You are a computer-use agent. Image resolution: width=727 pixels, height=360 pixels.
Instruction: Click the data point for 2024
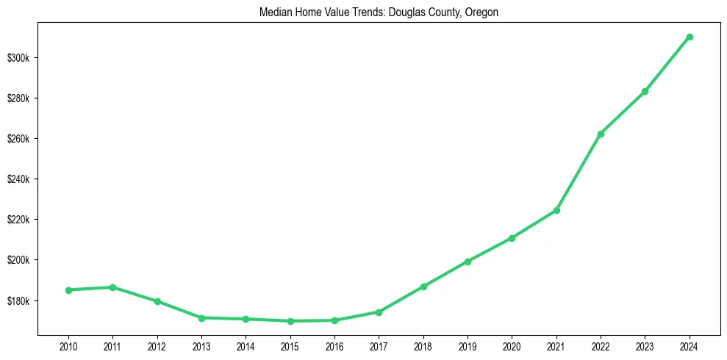pos(690,37)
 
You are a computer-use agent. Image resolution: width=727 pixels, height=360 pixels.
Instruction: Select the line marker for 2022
pos(601,134)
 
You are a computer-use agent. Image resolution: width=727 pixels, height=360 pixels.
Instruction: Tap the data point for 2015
pos(290,321)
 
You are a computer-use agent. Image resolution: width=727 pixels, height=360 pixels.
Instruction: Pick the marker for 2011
pos(112,287)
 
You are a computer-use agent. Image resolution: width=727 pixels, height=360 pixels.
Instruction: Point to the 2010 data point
pos(68,290)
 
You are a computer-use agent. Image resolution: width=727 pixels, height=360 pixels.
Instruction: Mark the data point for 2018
pos(423,287)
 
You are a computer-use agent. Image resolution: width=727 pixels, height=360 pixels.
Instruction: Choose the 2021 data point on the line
pos(556,210)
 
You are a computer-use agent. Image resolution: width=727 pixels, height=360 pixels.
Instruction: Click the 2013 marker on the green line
pos(201,318)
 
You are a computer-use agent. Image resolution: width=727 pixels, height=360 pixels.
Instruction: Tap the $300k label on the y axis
pos(22,58)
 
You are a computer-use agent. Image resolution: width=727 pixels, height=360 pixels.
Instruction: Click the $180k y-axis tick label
pos(22,301)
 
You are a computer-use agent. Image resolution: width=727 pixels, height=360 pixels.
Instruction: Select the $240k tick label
pos(22,179)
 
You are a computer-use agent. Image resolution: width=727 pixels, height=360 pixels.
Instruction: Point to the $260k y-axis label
pos(22,139)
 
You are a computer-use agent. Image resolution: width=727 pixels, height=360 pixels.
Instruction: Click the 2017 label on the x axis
pos(379,345)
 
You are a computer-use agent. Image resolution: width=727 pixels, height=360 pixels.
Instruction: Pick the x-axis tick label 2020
pos(512,345)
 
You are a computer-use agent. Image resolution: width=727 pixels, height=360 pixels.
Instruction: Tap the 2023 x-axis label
pos(645,345)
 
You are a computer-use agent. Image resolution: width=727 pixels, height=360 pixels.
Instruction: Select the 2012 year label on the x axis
pos(157,345)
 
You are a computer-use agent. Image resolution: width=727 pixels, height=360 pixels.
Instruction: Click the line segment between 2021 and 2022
pos(579,172)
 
